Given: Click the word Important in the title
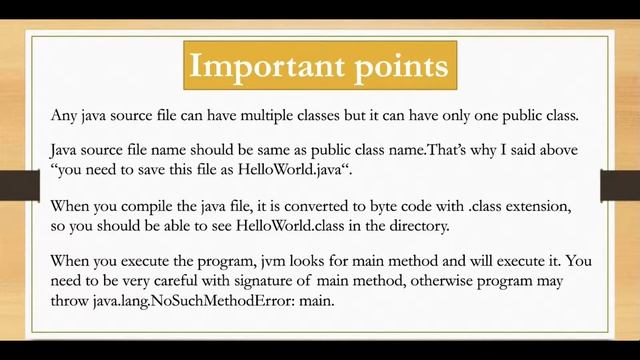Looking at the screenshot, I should coord(263,66).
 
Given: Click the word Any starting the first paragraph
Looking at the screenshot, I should coord(65,115).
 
